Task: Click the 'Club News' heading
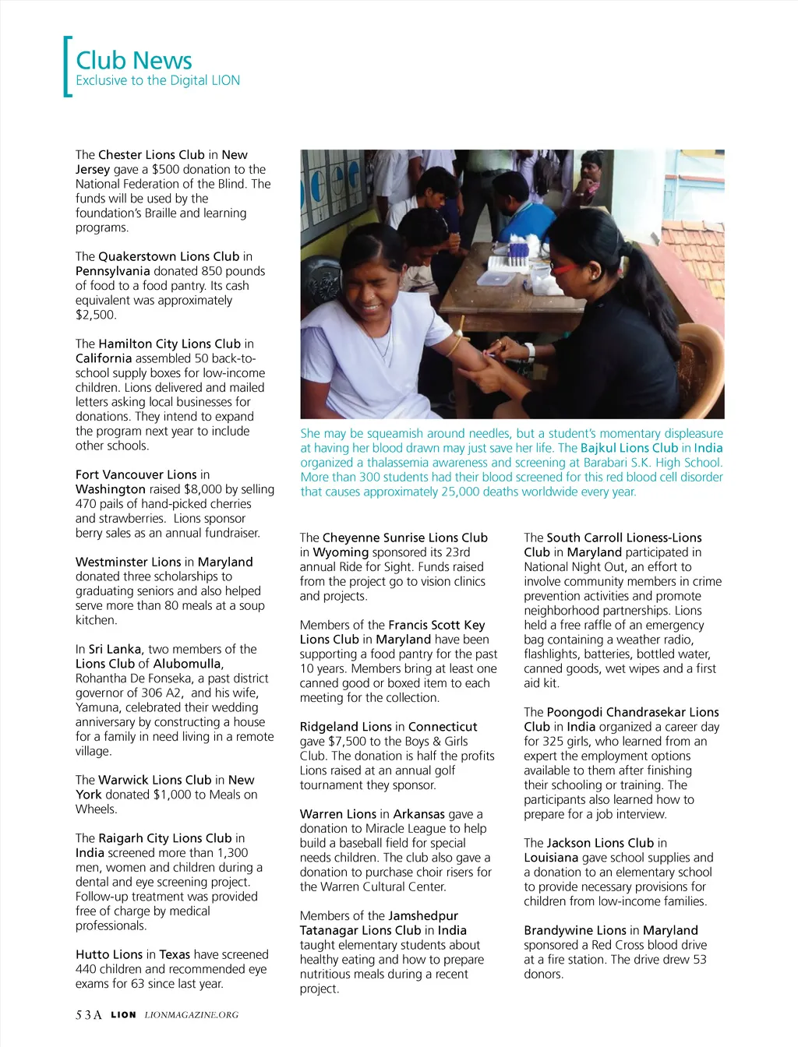pos(134,60)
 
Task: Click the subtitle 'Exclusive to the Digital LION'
pos(157,80)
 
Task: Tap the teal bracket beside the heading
pos(67,67)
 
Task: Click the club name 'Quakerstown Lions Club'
pos(168,256)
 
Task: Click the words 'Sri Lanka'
pos(115,649)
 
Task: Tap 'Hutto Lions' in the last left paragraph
pos(109,954)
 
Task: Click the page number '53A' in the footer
pos(89,1015)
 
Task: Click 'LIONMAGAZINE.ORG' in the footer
pos(192,1015)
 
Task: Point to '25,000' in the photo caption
pos(443,492)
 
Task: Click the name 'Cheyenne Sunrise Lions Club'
pos(404,538)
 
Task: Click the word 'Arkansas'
pos(418,814)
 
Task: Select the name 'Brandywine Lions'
pos(574,930)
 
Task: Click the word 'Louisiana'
pos(551,858)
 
